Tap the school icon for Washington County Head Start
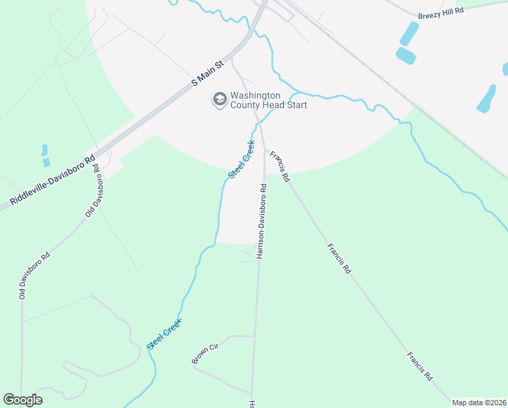coord(219,100)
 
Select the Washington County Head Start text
coord(268,100)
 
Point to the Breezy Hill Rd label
coord(441,12)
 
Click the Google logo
coord(22,400)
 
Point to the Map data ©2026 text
coord(479,403)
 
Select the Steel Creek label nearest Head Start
coord(241,159)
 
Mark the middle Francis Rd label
coord(338,258)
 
